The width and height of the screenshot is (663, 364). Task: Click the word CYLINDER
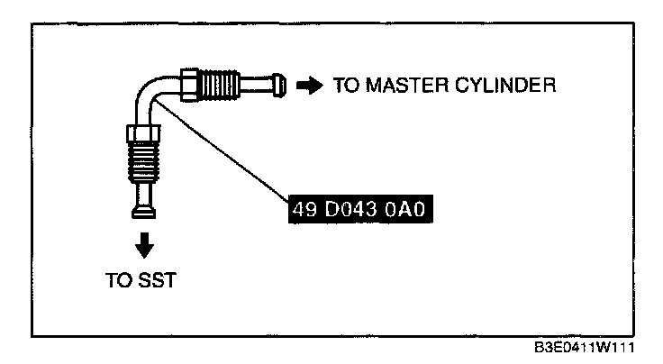point(505,86)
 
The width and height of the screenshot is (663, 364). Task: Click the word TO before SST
point(118,280)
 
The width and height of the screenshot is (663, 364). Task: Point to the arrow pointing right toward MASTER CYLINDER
point(310,86)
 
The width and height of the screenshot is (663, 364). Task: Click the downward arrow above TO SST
point(144,245)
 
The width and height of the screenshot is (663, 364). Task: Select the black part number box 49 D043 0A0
point(360,209)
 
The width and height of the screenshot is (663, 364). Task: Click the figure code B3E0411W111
point(585,348)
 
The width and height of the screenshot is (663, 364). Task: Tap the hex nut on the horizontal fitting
point(190,85)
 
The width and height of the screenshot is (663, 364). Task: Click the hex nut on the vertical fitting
point(143,132)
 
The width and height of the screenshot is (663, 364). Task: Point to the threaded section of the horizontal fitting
point(220,85)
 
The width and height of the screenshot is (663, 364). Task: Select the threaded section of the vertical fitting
point(143,161)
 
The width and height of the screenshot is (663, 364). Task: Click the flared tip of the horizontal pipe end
point(279,86)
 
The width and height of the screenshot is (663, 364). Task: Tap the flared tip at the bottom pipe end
point(144,212)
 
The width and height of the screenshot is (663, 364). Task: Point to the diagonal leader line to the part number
point(222,149)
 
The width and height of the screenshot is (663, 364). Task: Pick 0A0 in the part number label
point(404,209)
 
